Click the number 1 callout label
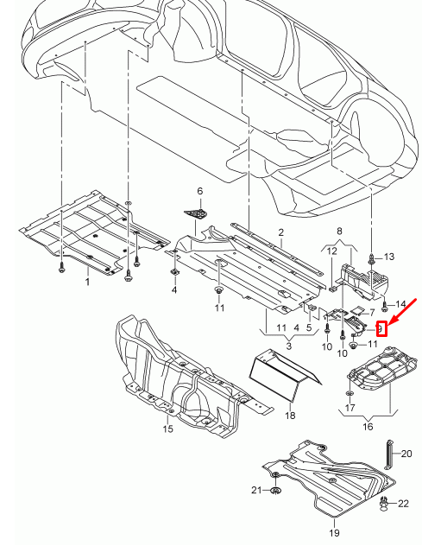click(x=87, y=282)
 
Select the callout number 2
click(x=280, y=232)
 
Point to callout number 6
click(x=198, y=191)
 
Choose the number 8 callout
click(x=339, y=231)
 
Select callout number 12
click(x=331, y=250)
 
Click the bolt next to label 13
click(x=371, y=258)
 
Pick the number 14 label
click(x=400, y=304)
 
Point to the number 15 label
click(x=168, y=429)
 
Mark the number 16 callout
click(x=368, y=426)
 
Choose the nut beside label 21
click(x=275, y=492)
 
